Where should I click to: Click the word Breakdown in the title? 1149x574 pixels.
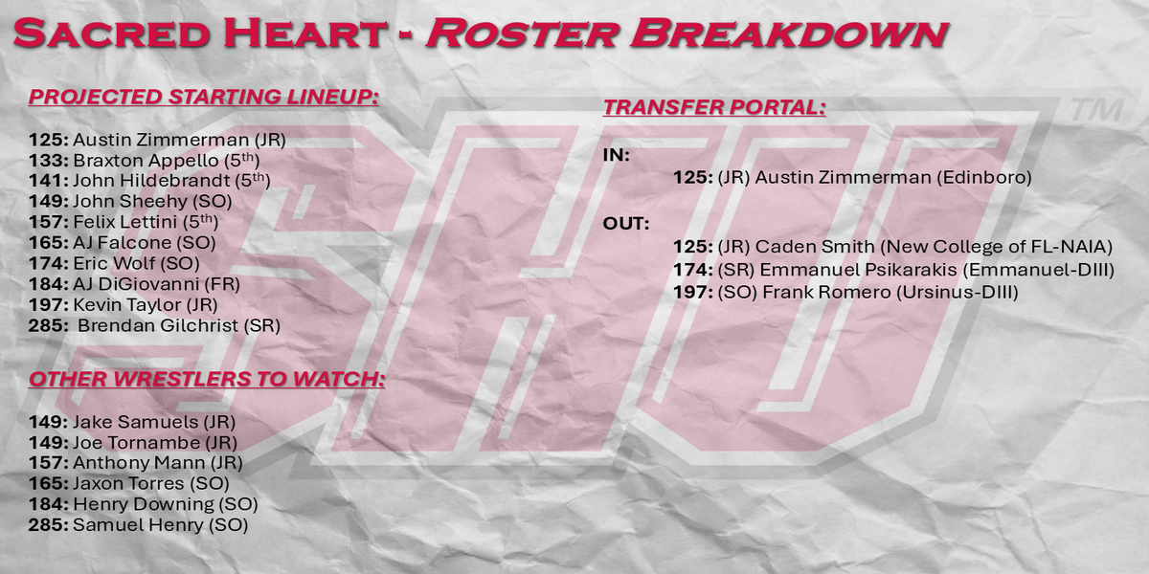coord(789,33)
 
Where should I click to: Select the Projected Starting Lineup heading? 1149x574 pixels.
coord(204,97)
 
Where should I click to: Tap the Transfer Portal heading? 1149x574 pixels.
coord(714,107)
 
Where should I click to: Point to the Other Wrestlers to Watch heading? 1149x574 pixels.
coord(207,379)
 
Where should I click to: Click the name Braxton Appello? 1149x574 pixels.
coord(146,161)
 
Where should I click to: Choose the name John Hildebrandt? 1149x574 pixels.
coord(151,181)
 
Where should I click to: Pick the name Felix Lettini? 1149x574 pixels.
coord(125,222)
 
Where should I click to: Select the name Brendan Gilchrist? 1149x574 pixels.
coord(157,325)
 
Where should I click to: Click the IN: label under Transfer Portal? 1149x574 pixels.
coord(617,155)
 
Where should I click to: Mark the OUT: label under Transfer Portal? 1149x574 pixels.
coord(626,224)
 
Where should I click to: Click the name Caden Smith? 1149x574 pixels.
coord(815,247)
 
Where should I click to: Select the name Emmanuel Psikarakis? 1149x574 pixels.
coord(858,270)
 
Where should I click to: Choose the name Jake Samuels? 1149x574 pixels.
coord(135,422)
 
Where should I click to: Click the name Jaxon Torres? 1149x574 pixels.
coord(128,483)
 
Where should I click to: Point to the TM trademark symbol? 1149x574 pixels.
coord(1097,110)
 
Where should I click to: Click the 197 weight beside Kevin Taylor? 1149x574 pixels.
coord(48,304)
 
